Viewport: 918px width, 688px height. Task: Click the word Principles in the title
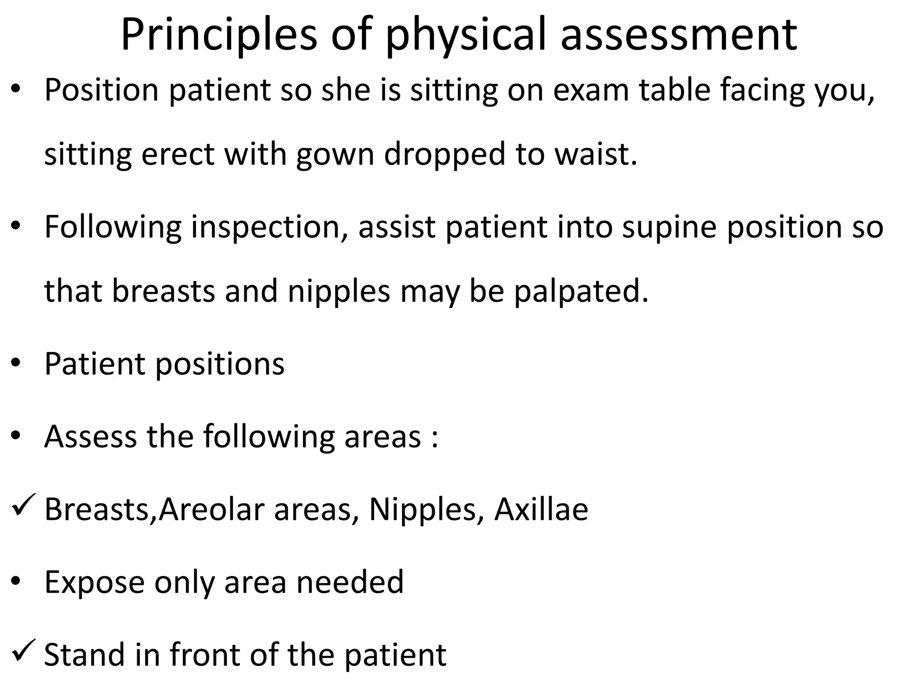[219, 35]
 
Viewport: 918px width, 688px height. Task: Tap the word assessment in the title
[679, 35]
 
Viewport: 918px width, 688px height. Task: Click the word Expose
[94, 582]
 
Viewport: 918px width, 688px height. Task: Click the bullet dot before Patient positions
[16, 364]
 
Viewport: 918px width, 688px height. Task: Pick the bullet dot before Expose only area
[16, 582]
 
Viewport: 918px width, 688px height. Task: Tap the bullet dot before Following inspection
[16, 227]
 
